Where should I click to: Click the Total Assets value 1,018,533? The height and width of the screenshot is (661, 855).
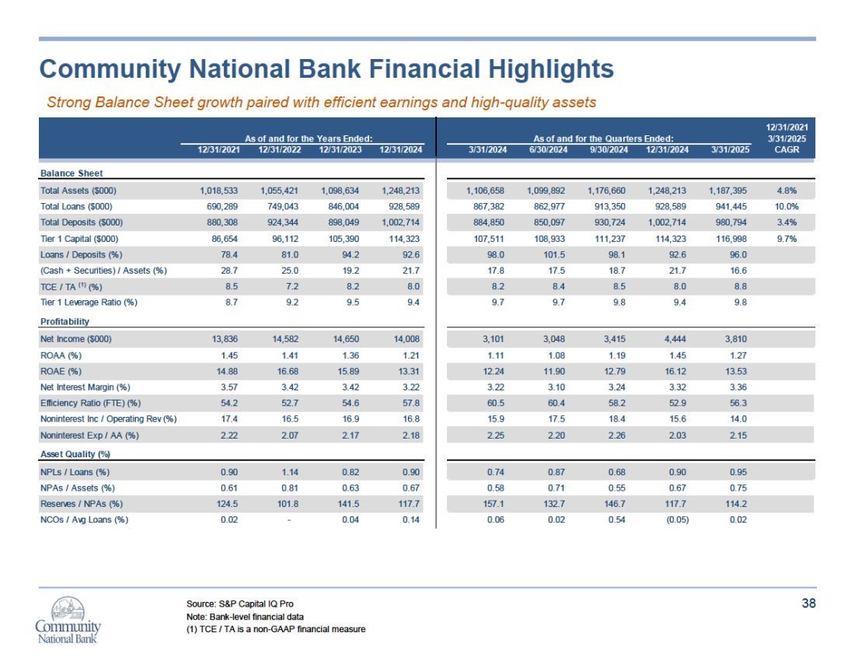(x=218, y=191)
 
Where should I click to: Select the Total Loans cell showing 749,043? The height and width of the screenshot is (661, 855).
(x=283, y=207)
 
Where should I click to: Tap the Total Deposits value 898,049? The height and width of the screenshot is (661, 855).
(x=344, y=222)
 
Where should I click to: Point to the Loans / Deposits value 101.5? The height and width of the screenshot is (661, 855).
(x=554, y=255)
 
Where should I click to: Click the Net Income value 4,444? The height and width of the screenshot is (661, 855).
(x=675, y=339)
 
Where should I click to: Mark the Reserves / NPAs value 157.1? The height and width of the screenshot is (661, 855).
(x=494, y=504)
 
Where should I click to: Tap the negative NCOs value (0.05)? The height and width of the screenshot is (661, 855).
(x=677, y=519)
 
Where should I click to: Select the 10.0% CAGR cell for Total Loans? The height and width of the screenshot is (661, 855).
(x=787, y=207)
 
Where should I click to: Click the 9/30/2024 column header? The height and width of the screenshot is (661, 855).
(x=609, y=149)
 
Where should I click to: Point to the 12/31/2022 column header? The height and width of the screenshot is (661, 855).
(x=280, y=149)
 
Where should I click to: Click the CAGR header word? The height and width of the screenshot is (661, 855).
(x=787, y=149)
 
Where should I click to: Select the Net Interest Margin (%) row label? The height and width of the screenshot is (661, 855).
(x=85, y=387)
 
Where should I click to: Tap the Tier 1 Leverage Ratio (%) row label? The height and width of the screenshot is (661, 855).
(x=89, y=303)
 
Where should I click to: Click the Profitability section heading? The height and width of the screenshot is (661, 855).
(x=65, y=322)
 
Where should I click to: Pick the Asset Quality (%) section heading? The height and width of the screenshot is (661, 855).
(x=75, y=454)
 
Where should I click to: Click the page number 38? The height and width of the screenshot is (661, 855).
(x=808, y=603)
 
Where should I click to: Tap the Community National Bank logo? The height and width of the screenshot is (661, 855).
(x=68, y=620)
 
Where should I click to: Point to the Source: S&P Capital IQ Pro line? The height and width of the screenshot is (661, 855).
(x=240, y=603)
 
